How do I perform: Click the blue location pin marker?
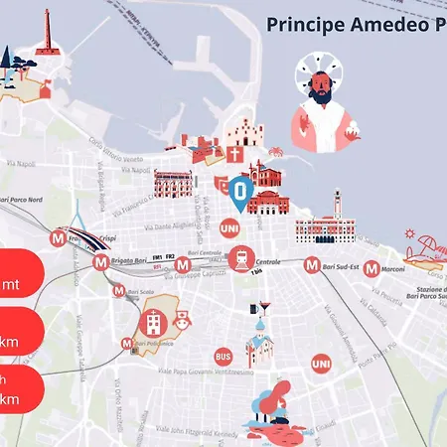point(239,193)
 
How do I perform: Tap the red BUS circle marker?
point(223,356)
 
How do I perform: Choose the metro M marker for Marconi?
point(371,268)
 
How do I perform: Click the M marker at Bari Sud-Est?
point(312,265)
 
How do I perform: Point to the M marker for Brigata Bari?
point(100,263)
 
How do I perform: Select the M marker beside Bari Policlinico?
point(126,344)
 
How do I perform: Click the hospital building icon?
point(153,321)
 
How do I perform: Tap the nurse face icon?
point(182,321)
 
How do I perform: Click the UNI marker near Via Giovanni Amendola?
point(320,365)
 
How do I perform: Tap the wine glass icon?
point(262,310)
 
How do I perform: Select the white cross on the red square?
point(234,155)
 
